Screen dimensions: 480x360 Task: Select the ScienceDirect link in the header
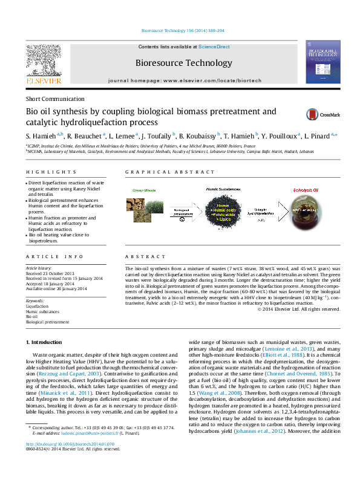(214, 47)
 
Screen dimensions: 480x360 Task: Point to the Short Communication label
(55, 99)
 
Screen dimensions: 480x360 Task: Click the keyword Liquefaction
(37, 306)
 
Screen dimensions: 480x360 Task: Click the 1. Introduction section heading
(48, 359)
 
